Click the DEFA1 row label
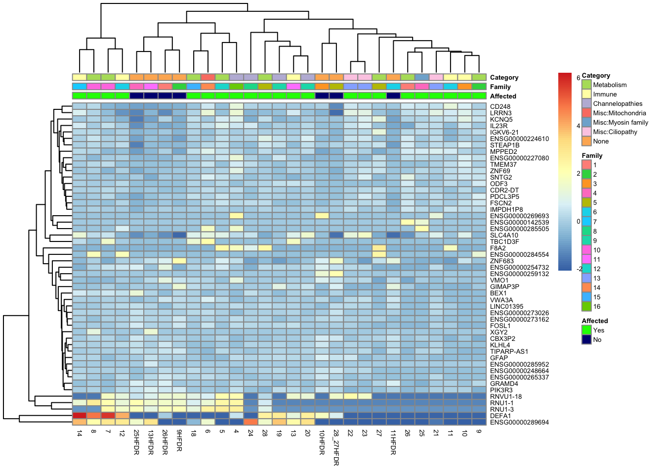tap(500, 416)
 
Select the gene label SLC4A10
tap(504, 236)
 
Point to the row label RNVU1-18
tap(506, 397)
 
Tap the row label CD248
tap(500, 106)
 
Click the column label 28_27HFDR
tap(336, 447)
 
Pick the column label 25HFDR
tap(136, 442)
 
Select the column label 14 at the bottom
tap(80, 433)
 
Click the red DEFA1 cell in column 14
tap(80, 416)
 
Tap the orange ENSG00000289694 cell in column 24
tap(251, 422)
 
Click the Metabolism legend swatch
tap(586, 85)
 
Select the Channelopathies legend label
tap(618, 104)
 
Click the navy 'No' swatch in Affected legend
tap(586, 340)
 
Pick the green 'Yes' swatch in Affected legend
tap(586, 331)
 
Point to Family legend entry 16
tap(586, 307)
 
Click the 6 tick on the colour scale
tap(578, 78)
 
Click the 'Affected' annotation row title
tap(503, 96)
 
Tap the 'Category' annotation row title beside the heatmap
tap(504, 78)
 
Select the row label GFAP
tap(499, 358)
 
